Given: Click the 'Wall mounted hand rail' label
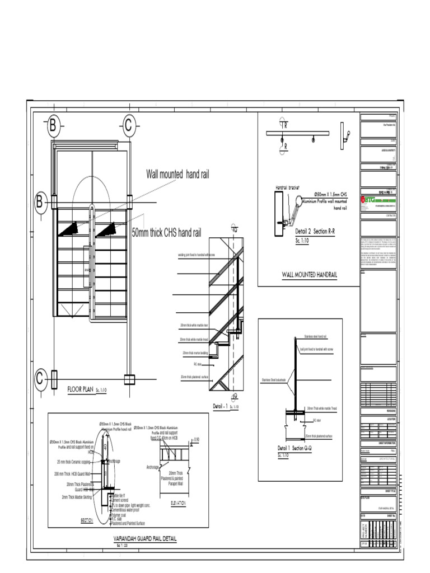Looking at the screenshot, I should (x=177, y=175).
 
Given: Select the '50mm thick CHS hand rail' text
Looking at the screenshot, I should (x=166, y=233).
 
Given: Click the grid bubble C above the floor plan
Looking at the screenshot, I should (x=128, y=126).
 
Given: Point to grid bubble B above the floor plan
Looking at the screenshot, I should (x=53, y=126).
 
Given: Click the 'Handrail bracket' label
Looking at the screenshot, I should (x=288, y=187).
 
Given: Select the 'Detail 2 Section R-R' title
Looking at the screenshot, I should (x=314, y=232).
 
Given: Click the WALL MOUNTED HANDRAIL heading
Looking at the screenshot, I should (x=309, y=274).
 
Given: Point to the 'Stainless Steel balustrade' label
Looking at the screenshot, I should (x=273, y=380).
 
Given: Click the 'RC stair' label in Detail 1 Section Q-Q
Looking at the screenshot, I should (x=317, y=420).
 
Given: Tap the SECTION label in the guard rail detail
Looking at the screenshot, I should (x=87, y=520).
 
